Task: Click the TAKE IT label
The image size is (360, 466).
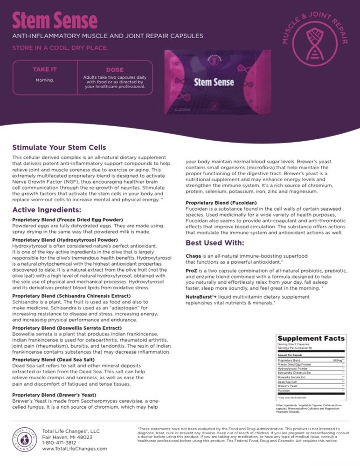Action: pos(44,69)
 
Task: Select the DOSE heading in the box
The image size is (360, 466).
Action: pos(115,70)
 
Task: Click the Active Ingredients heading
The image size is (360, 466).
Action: pos(47,210)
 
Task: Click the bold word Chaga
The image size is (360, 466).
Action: pos(193,255)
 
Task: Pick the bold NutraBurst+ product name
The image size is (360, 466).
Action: pos(201,296)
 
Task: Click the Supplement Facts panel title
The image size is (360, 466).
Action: pos(311,338)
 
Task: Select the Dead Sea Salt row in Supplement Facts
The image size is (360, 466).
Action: pos(286,382)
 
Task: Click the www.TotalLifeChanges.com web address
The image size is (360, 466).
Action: pos(75,448)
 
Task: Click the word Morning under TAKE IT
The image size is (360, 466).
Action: pos(45,80)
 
